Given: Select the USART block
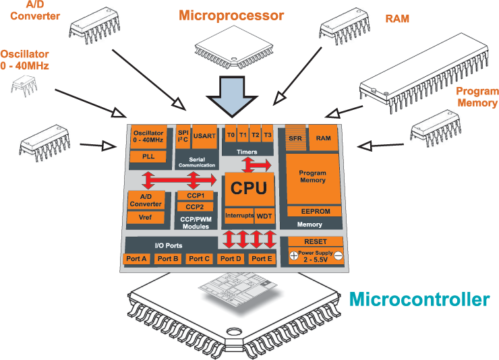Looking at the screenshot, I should point(204,136).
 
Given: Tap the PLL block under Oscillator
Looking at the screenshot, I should point(148,156).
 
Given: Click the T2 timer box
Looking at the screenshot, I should point(256,134).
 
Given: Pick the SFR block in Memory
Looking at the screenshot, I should point(295,138).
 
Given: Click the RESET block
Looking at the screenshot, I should point(315,241).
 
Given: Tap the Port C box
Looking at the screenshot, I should point(199,259).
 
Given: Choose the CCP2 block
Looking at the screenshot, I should point(195,207).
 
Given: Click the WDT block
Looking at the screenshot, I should point(265,216).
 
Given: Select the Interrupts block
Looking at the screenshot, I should point(239,216).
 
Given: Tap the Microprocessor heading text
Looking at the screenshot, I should point(231,15).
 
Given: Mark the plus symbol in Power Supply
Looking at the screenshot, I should point(294,256).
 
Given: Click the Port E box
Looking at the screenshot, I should point(262,259).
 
